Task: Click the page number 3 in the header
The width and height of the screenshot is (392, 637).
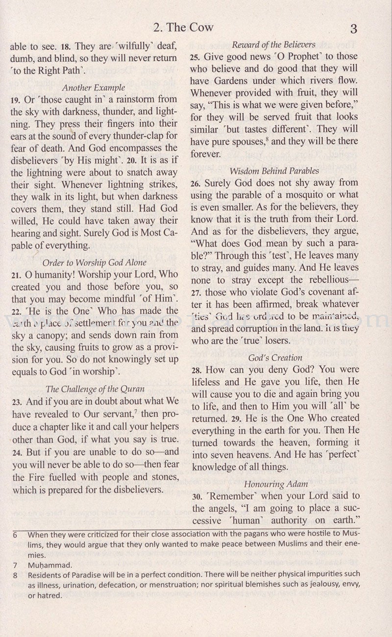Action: tap(353, 29)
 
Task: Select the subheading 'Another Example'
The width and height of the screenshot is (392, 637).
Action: tap(93, 88)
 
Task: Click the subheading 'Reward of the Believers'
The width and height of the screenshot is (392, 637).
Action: tap(273, 45)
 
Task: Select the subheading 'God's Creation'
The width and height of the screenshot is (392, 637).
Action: tap(275, 358)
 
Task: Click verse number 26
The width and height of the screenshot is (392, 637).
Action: tap(196, 184)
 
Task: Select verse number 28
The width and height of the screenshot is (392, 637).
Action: tap(196, 370)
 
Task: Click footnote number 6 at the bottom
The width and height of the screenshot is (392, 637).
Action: tap(15, 535)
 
